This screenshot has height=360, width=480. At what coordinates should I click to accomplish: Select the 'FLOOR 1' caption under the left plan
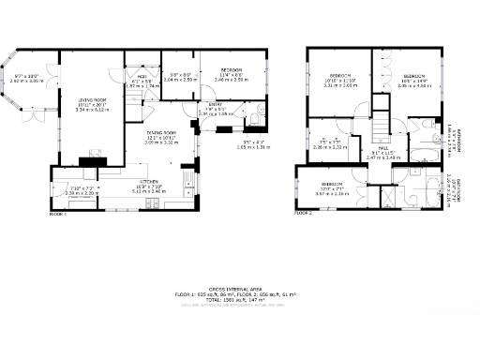pyautogui.click(x=58, y=214)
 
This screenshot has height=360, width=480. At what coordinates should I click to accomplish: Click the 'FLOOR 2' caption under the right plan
pyautogui.click(x=303, y=214)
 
